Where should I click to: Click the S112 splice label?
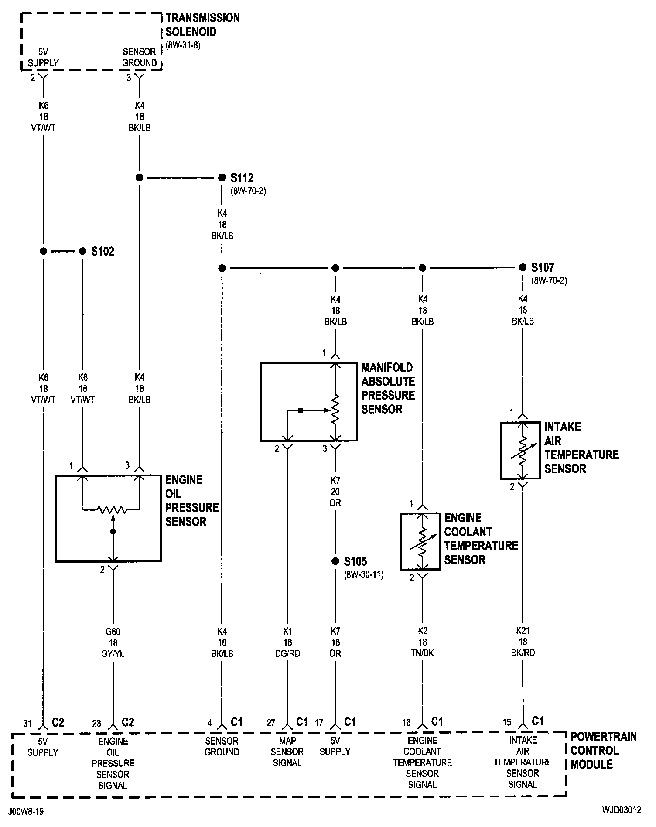pyautogui.click(x=242, y=178)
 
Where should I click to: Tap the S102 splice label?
pyautogui.click(x=102, y=252)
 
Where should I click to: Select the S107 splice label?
pyautogui.click(x=543, y=267)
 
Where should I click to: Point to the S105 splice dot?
pyautogui.click(x=335, y=561)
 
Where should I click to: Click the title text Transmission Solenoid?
pyautogui.click(x=203, y=25)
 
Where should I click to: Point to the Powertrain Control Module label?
pyautogui.click(x=604, y=750)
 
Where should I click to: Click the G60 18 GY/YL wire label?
pyautogui.click(x=113, y=643)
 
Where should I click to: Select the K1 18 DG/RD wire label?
pyautogui.click(x=287, y=642)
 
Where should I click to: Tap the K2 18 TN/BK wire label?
pyautogui.click(x=423, y=642)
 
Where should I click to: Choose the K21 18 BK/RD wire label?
pyautogui.click(x=523, y=642)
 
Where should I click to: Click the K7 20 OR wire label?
pyautogui.click(x=335, y=492)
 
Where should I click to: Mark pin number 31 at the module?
pyautogui.click(x=27, y=724)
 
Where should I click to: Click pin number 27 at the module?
pyautogui.click(x=271, y=723)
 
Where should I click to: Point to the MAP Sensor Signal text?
pyautogui.click(x=287, y=752)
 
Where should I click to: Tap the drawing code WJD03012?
pyautogui.click(x=622, y=810)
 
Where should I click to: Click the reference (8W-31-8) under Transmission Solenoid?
pyautogui.click(x=183, y=45)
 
